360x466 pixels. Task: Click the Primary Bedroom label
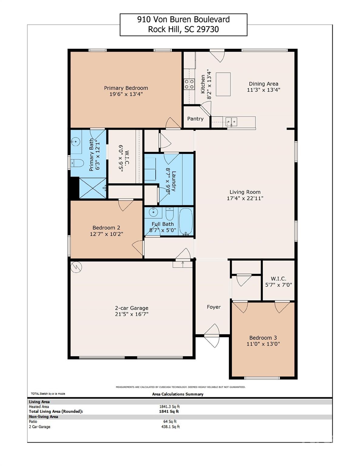pyautogui.click(x=126, y=88)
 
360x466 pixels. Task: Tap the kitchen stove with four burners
pyautogui.click(x=189, y=84)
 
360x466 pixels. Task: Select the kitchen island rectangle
pyautogui.click(x=223, y=84)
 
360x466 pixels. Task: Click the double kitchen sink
pyautogui.click(x=231, y=122)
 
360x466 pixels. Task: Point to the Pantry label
pyautogui.click(x=195, y=119)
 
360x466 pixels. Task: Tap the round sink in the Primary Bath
pyautogui.click(x=76, y=141)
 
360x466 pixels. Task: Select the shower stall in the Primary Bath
pyautogui.click(x=93, y=188)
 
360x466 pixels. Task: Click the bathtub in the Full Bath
pyautogui.click(x=186, y=221)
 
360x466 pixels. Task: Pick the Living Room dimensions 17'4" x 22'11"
pyautogui.click(x=245, y=198)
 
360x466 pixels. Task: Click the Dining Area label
pyautogui.click(x=263, y=84)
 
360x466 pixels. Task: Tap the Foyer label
pyautogui.click(x=214, y=307)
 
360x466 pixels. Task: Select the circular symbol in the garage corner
pyautogui.click(x=76, y=267)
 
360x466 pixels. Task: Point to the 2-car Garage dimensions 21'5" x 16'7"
pyautogui.click(x=131, y=314)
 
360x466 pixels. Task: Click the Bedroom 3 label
pyautogui.click(x=263, y=338)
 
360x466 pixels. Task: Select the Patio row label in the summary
pyautogui.click(x=33, y=421)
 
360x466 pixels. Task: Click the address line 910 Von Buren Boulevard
pyautogui.click(x=183, y=19)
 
